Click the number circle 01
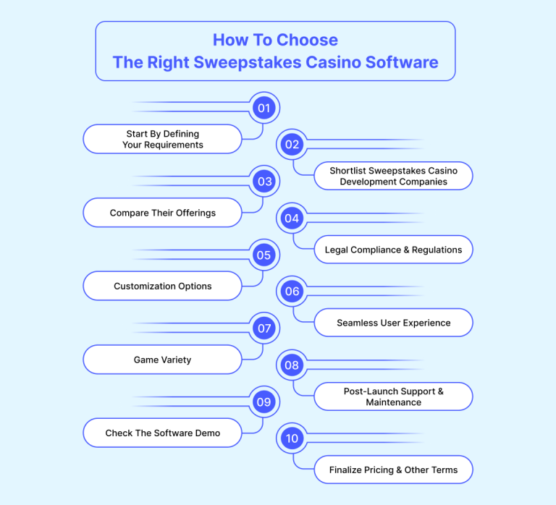[x=264, y=108]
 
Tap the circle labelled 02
[x=292, y=144]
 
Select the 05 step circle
[x=264, y=255]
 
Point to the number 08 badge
[x=292, y=365]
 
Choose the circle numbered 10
[x=292, y=438]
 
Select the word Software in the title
[x=402, y=62]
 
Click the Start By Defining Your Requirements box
[x=162, y=139]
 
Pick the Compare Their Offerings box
[x=162, y=213]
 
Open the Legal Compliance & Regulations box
[x=393, y=250]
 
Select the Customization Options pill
[x=162, y=286]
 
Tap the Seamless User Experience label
[x=393, y=323]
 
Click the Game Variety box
[x=162, y=360]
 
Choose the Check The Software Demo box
[x=162, y=433]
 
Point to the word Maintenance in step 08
[x=394, y=402]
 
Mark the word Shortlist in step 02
[x=347, y=171]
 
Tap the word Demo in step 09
[x=208, y=433]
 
